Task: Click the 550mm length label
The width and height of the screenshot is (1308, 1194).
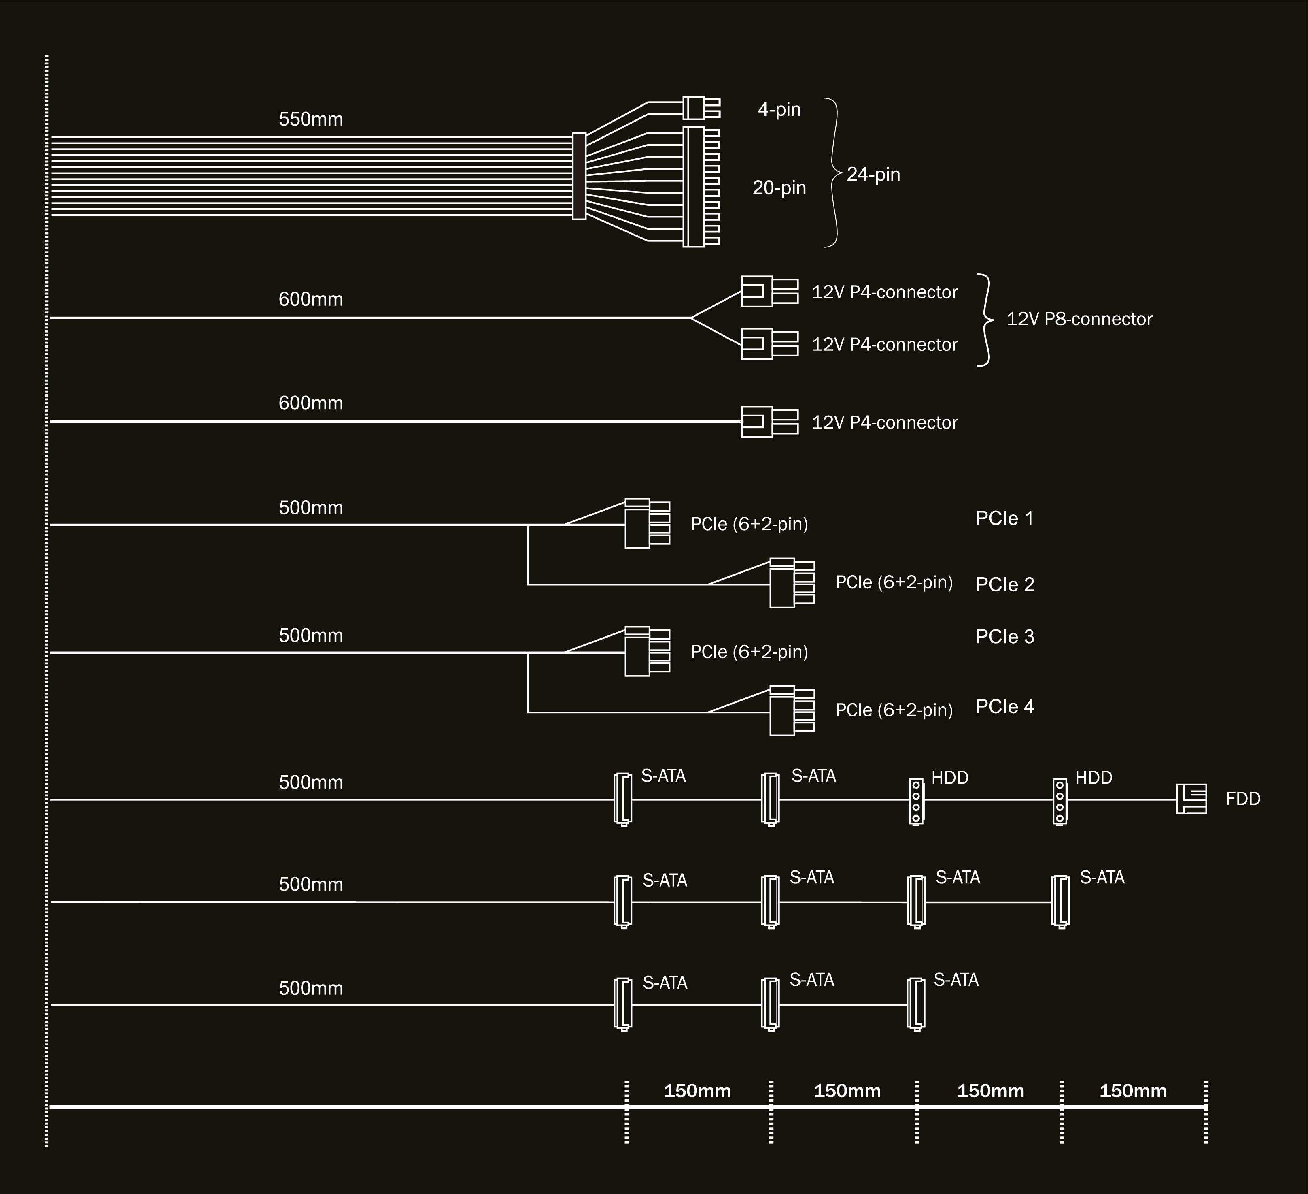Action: point(311,119)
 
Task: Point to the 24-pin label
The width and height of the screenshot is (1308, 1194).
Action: point(873,174)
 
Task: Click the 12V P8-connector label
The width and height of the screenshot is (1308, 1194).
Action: point(1079,319)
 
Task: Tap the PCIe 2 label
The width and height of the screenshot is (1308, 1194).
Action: point(1005,584)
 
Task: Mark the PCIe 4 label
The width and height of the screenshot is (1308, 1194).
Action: point(1005,706)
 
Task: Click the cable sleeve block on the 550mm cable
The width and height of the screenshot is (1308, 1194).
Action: point(579,176)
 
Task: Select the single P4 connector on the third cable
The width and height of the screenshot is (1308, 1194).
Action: point(769,422)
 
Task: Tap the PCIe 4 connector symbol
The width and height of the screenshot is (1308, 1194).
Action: point(792,711)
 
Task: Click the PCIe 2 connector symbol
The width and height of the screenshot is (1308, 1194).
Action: point(792,583)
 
